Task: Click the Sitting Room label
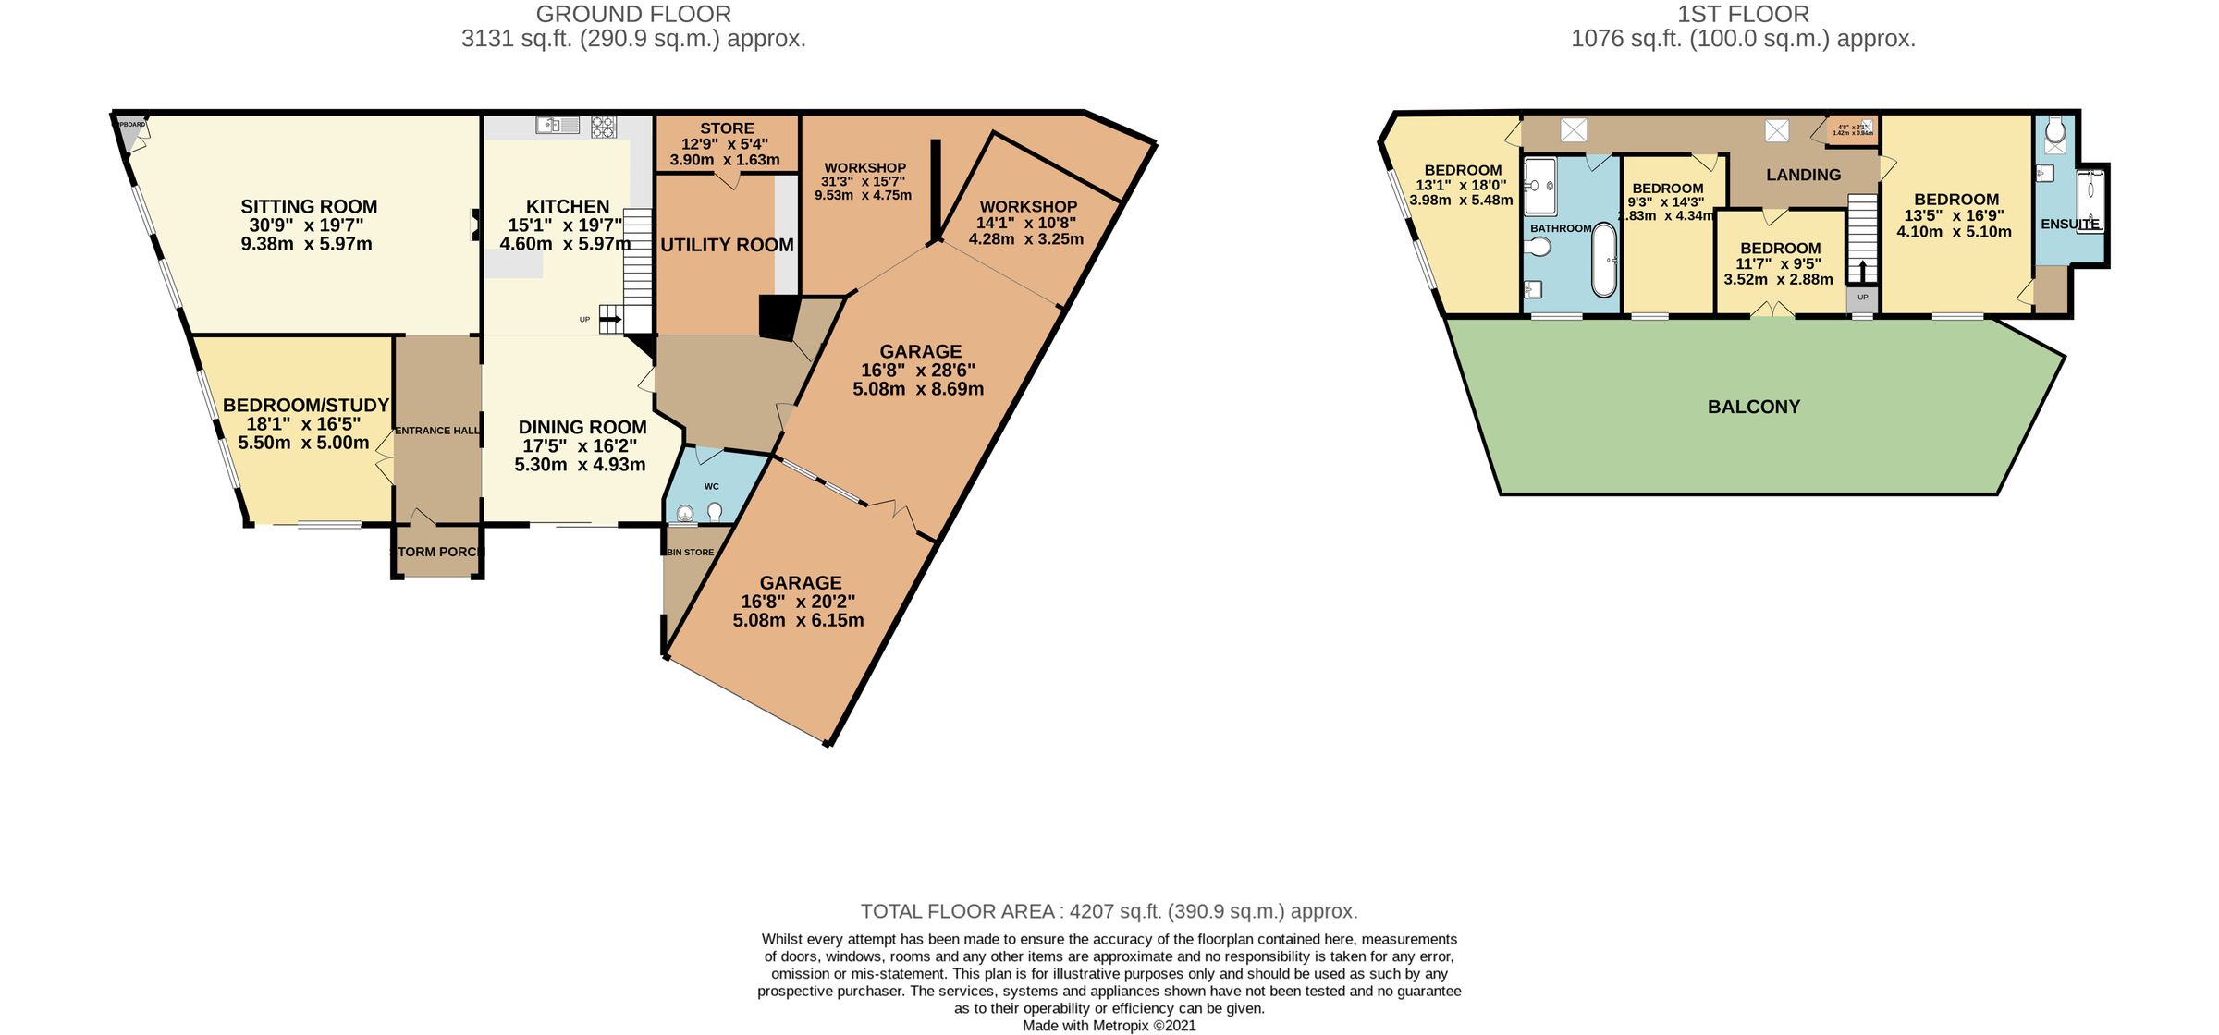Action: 309,207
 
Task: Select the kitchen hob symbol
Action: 604,127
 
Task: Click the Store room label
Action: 727,128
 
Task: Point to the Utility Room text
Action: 727,245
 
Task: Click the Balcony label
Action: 1753,407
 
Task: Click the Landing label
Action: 1803,175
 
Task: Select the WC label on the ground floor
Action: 711,486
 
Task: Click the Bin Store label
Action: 691,553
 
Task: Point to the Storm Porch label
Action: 437,552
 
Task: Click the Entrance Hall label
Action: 437,431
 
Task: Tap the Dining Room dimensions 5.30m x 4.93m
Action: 580,465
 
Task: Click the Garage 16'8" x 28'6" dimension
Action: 917,371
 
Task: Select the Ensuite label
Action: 2069,224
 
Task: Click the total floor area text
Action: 1109,911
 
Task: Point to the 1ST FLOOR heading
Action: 1742,14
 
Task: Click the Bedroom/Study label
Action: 305,405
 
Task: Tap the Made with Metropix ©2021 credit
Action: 1109,1025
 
